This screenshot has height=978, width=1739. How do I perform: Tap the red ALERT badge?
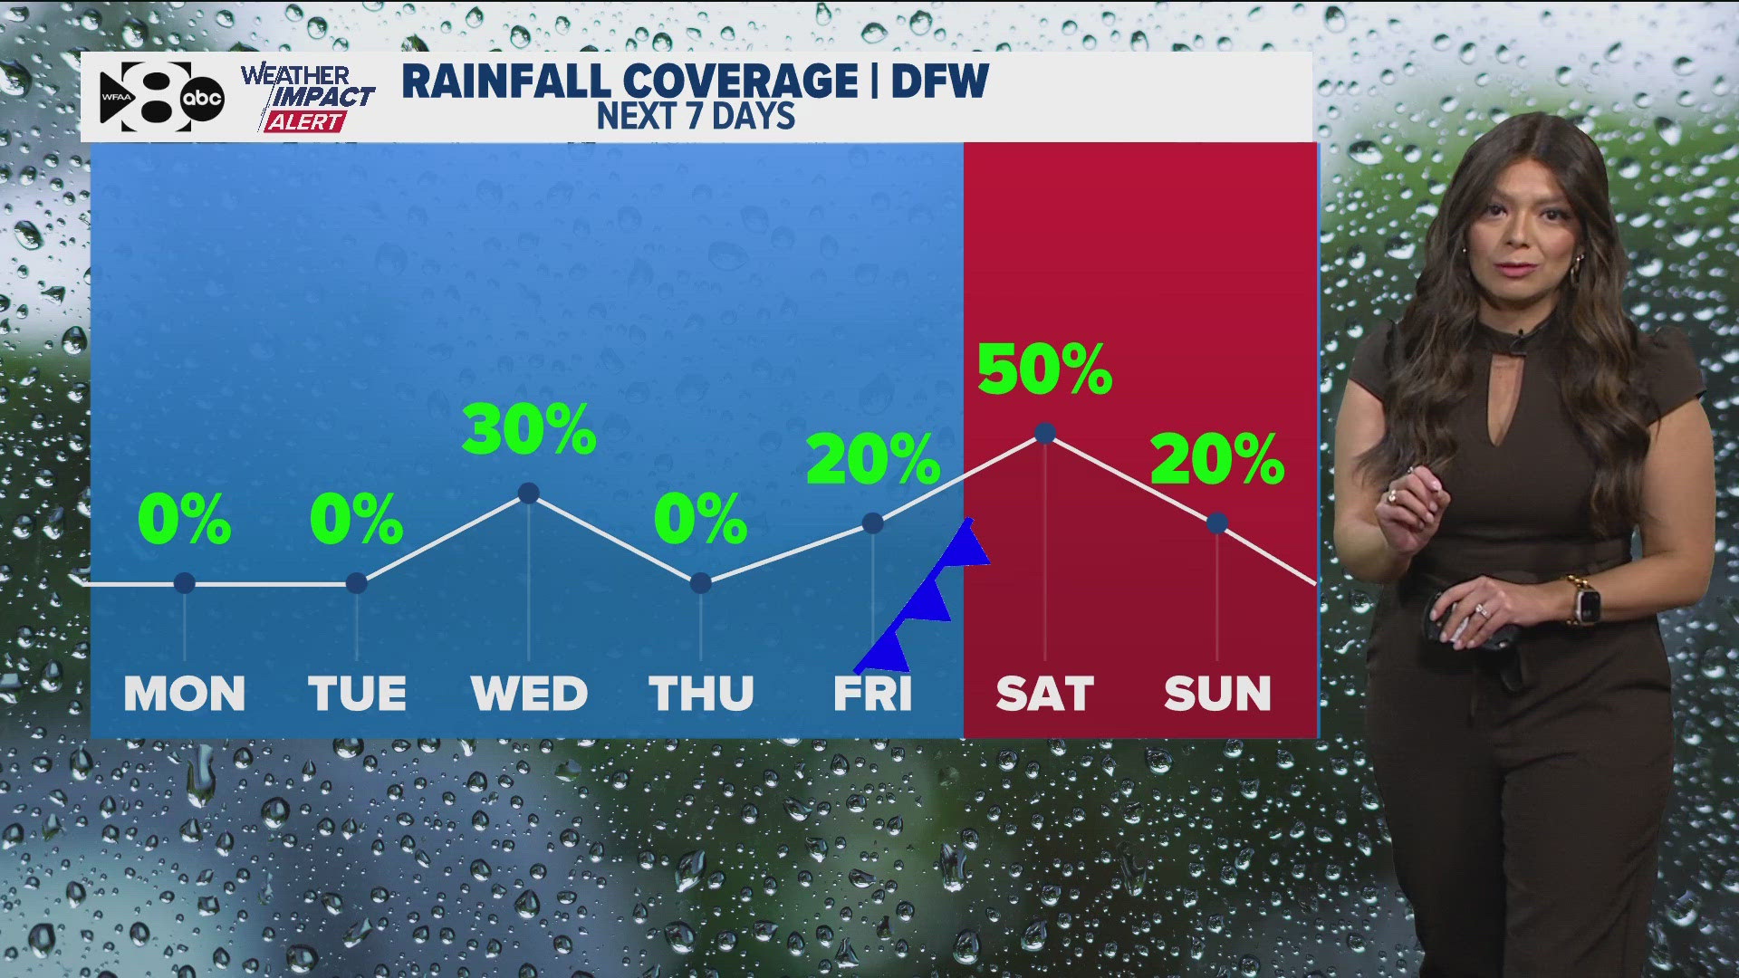coord(304,121)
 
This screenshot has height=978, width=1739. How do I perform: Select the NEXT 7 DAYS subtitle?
coord(696,117)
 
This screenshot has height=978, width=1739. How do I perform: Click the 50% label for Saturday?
coord(1044,369)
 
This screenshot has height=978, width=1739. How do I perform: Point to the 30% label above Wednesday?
coord(529,429)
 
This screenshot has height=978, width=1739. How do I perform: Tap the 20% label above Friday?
coord(872,459)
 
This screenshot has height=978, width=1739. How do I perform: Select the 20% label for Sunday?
coord(1216,459)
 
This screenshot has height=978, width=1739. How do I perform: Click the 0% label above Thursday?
coord(700,520)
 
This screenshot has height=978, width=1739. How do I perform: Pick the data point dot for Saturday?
coord(1045,433)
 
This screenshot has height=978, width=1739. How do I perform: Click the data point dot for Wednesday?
coord(529,493)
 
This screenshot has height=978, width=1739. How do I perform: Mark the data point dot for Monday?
coord(185,582)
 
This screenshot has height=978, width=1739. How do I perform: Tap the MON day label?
coord(185,695)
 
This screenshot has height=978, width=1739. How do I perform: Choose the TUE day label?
coord(357,695)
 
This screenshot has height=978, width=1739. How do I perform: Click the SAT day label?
coord(1044,695)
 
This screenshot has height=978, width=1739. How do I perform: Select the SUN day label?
coord(1217,695)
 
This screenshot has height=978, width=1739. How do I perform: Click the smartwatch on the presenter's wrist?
coord(1585,600)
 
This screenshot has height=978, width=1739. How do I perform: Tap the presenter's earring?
coord(1578,263)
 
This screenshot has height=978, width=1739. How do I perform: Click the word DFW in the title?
coord(939,81)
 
